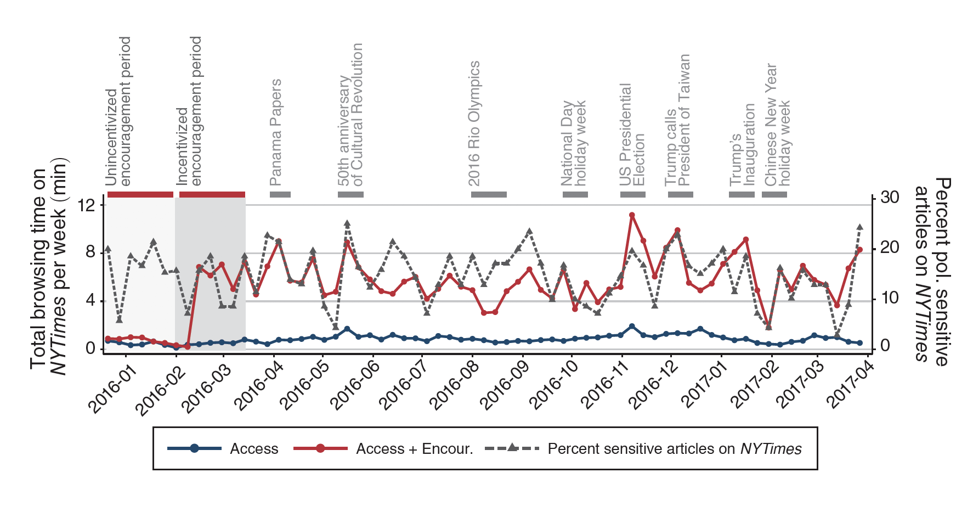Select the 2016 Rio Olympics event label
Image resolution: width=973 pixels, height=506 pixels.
coord(474,124)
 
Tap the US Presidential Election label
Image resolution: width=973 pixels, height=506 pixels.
coord(632,135)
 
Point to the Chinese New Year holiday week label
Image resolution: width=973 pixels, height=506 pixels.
coord(778,125)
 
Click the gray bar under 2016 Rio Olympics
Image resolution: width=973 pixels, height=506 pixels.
coord(489,195)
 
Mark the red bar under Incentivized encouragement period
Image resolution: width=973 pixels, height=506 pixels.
coord(212,195)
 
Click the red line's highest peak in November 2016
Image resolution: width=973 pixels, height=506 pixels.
coord(632,215)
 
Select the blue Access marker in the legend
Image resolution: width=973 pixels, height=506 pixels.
coord(194,449)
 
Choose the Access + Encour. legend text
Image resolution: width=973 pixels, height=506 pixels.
coord(414,449)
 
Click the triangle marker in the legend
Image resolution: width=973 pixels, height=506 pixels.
coord(512,447)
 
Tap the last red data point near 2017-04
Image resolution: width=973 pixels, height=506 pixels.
coord(860,250)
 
